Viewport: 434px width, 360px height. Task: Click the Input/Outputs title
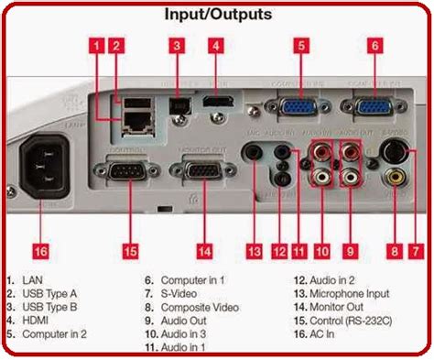(218, 14)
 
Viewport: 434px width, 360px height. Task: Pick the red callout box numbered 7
(419, 225)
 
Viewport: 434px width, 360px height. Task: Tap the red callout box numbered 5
(301, 44)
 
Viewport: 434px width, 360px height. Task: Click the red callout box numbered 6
(374, 44)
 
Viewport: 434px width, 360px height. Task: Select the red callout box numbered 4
(216, 44)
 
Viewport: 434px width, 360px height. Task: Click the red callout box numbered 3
(177, 44)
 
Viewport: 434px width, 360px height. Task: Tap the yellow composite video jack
(396, 179)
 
